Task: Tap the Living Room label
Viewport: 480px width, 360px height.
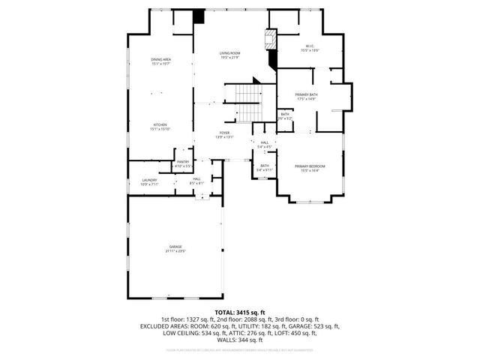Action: click(x=229, y=53)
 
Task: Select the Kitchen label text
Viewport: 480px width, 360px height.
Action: click(x=160, y=124)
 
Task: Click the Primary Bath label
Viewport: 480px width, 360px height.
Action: click(x=307, y=94)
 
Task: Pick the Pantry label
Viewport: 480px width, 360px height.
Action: click(x=183, y=161)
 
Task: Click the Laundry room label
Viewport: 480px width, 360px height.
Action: click(x=149, y=180)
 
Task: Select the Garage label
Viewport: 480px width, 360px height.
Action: click(x=175, y=247)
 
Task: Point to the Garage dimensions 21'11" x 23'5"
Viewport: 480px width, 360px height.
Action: click(x=175, y=251)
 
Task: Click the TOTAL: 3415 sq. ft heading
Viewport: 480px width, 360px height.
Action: click(x=240, y=311)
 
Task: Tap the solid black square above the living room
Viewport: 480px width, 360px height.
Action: click(x=199, y=16)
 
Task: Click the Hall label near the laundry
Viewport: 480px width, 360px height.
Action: click(x=196, y=178)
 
